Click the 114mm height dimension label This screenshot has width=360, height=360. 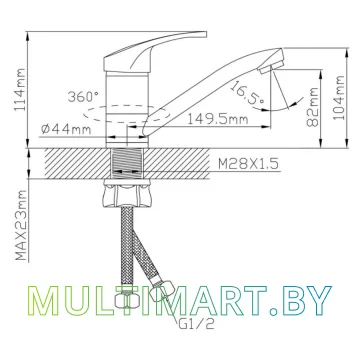click(x=20, y=90)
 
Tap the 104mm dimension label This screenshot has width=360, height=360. click(x=339, y=97)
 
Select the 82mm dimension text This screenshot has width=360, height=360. click(x=312, y=107)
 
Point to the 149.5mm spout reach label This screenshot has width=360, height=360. click(x=217, y=119)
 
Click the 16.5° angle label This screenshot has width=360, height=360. click(x=247, y=92)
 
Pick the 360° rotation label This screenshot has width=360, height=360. click(x=83, y=97)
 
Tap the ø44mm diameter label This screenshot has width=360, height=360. click(x=66, y=129)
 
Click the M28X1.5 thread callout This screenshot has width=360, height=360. click(x=248, y=164)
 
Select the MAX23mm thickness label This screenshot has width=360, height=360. click(x=21, y=225)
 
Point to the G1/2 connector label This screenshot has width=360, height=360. click(x=197, y=324)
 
